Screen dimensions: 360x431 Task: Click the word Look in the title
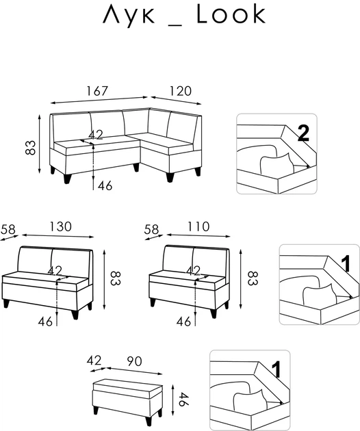(x=231, y=14)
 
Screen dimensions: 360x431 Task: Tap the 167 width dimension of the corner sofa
(x=98, y=91)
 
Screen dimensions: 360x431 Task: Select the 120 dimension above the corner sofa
(x=180, y=91)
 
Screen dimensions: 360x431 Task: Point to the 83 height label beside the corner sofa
(x=31, y=148)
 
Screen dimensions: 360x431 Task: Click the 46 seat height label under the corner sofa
(x=105, y=186)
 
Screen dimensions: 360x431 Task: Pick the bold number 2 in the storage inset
(x=303, y=133)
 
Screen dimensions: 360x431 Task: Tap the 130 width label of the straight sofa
(x=60, y=226)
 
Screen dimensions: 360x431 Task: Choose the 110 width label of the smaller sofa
(x=198, y=226)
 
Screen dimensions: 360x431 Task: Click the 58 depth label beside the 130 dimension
(x=8, y=229)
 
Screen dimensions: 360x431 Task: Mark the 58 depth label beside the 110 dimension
(x=151, y=229)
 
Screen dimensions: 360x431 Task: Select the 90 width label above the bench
(x=134, y=361)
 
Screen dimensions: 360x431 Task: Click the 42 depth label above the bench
(x=94, y=361)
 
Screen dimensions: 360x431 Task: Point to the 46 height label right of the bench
(x=183, y=400)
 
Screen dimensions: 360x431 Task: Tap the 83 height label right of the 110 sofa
(x=252, y=278)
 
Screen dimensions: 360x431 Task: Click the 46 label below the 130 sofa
(x=45, y=322)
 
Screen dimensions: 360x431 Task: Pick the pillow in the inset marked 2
(x=277, y=164)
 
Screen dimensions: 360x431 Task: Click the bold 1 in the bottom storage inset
(x=276, y=369)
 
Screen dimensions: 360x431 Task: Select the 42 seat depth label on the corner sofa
(x=96, y=135)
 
